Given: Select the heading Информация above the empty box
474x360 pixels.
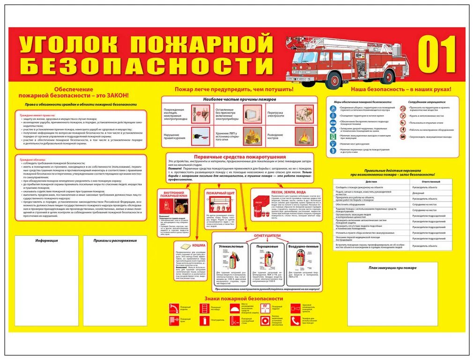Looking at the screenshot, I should [x=46, y=240].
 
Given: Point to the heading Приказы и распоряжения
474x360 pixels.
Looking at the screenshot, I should [x=115, y=240].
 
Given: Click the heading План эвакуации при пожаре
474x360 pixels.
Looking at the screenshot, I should [x=393, y=268].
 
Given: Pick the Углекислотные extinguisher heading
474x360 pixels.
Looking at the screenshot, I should [x=231, y=247].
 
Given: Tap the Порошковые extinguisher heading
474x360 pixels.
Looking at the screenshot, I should [x=267, y=247].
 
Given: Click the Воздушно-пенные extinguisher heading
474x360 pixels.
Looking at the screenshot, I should [x=303, y=247].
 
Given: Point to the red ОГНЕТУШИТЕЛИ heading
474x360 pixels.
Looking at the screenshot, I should [x=267, y=235].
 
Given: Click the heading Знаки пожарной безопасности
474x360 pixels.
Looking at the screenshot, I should [x=244, y=299].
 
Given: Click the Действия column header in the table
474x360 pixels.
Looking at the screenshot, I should [x=370, y=181].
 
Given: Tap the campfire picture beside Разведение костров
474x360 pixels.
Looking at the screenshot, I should [x=305, y=135].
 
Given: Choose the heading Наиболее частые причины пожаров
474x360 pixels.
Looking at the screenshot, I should [x=239, y=99].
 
